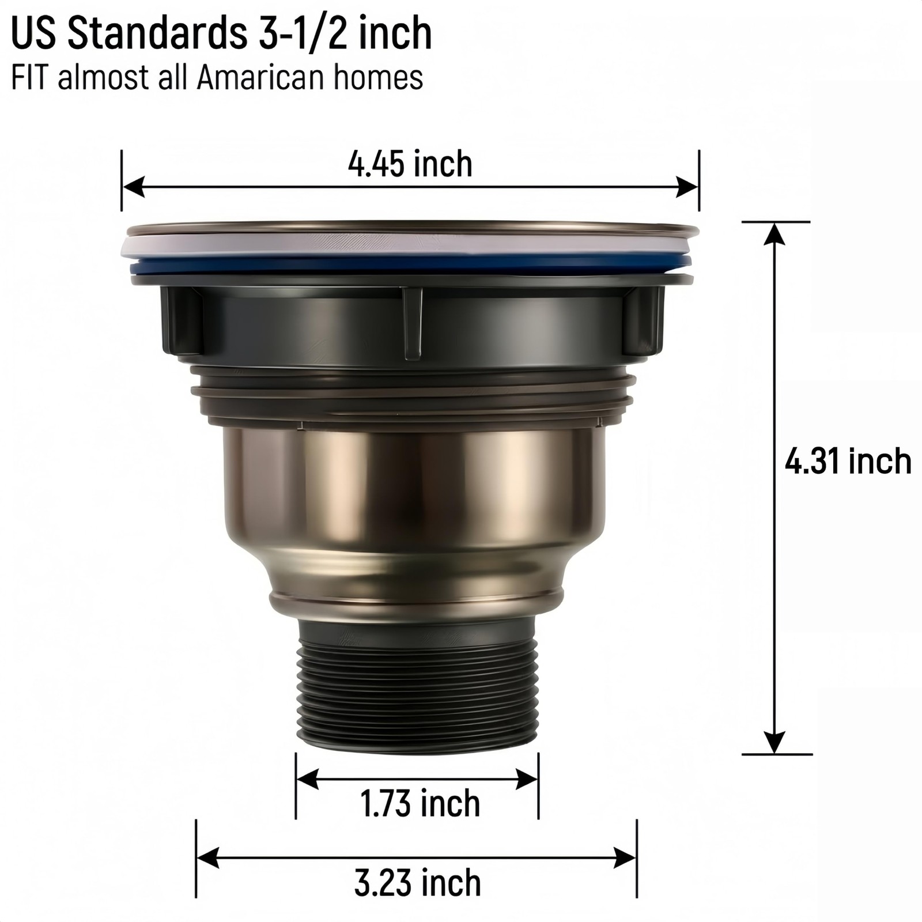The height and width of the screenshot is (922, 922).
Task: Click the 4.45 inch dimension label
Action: tap(410, 164)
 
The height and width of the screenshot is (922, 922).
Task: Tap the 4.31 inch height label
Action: tap(848, 462)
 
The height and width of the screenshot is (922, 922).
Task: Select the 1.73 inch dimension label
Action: tap(420, 803)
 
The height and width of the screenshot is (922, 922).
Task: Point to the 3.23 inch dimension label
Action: tap(417, 883)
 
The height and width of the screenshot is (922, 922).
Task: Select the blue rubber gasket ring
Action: tap(410, 266)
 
